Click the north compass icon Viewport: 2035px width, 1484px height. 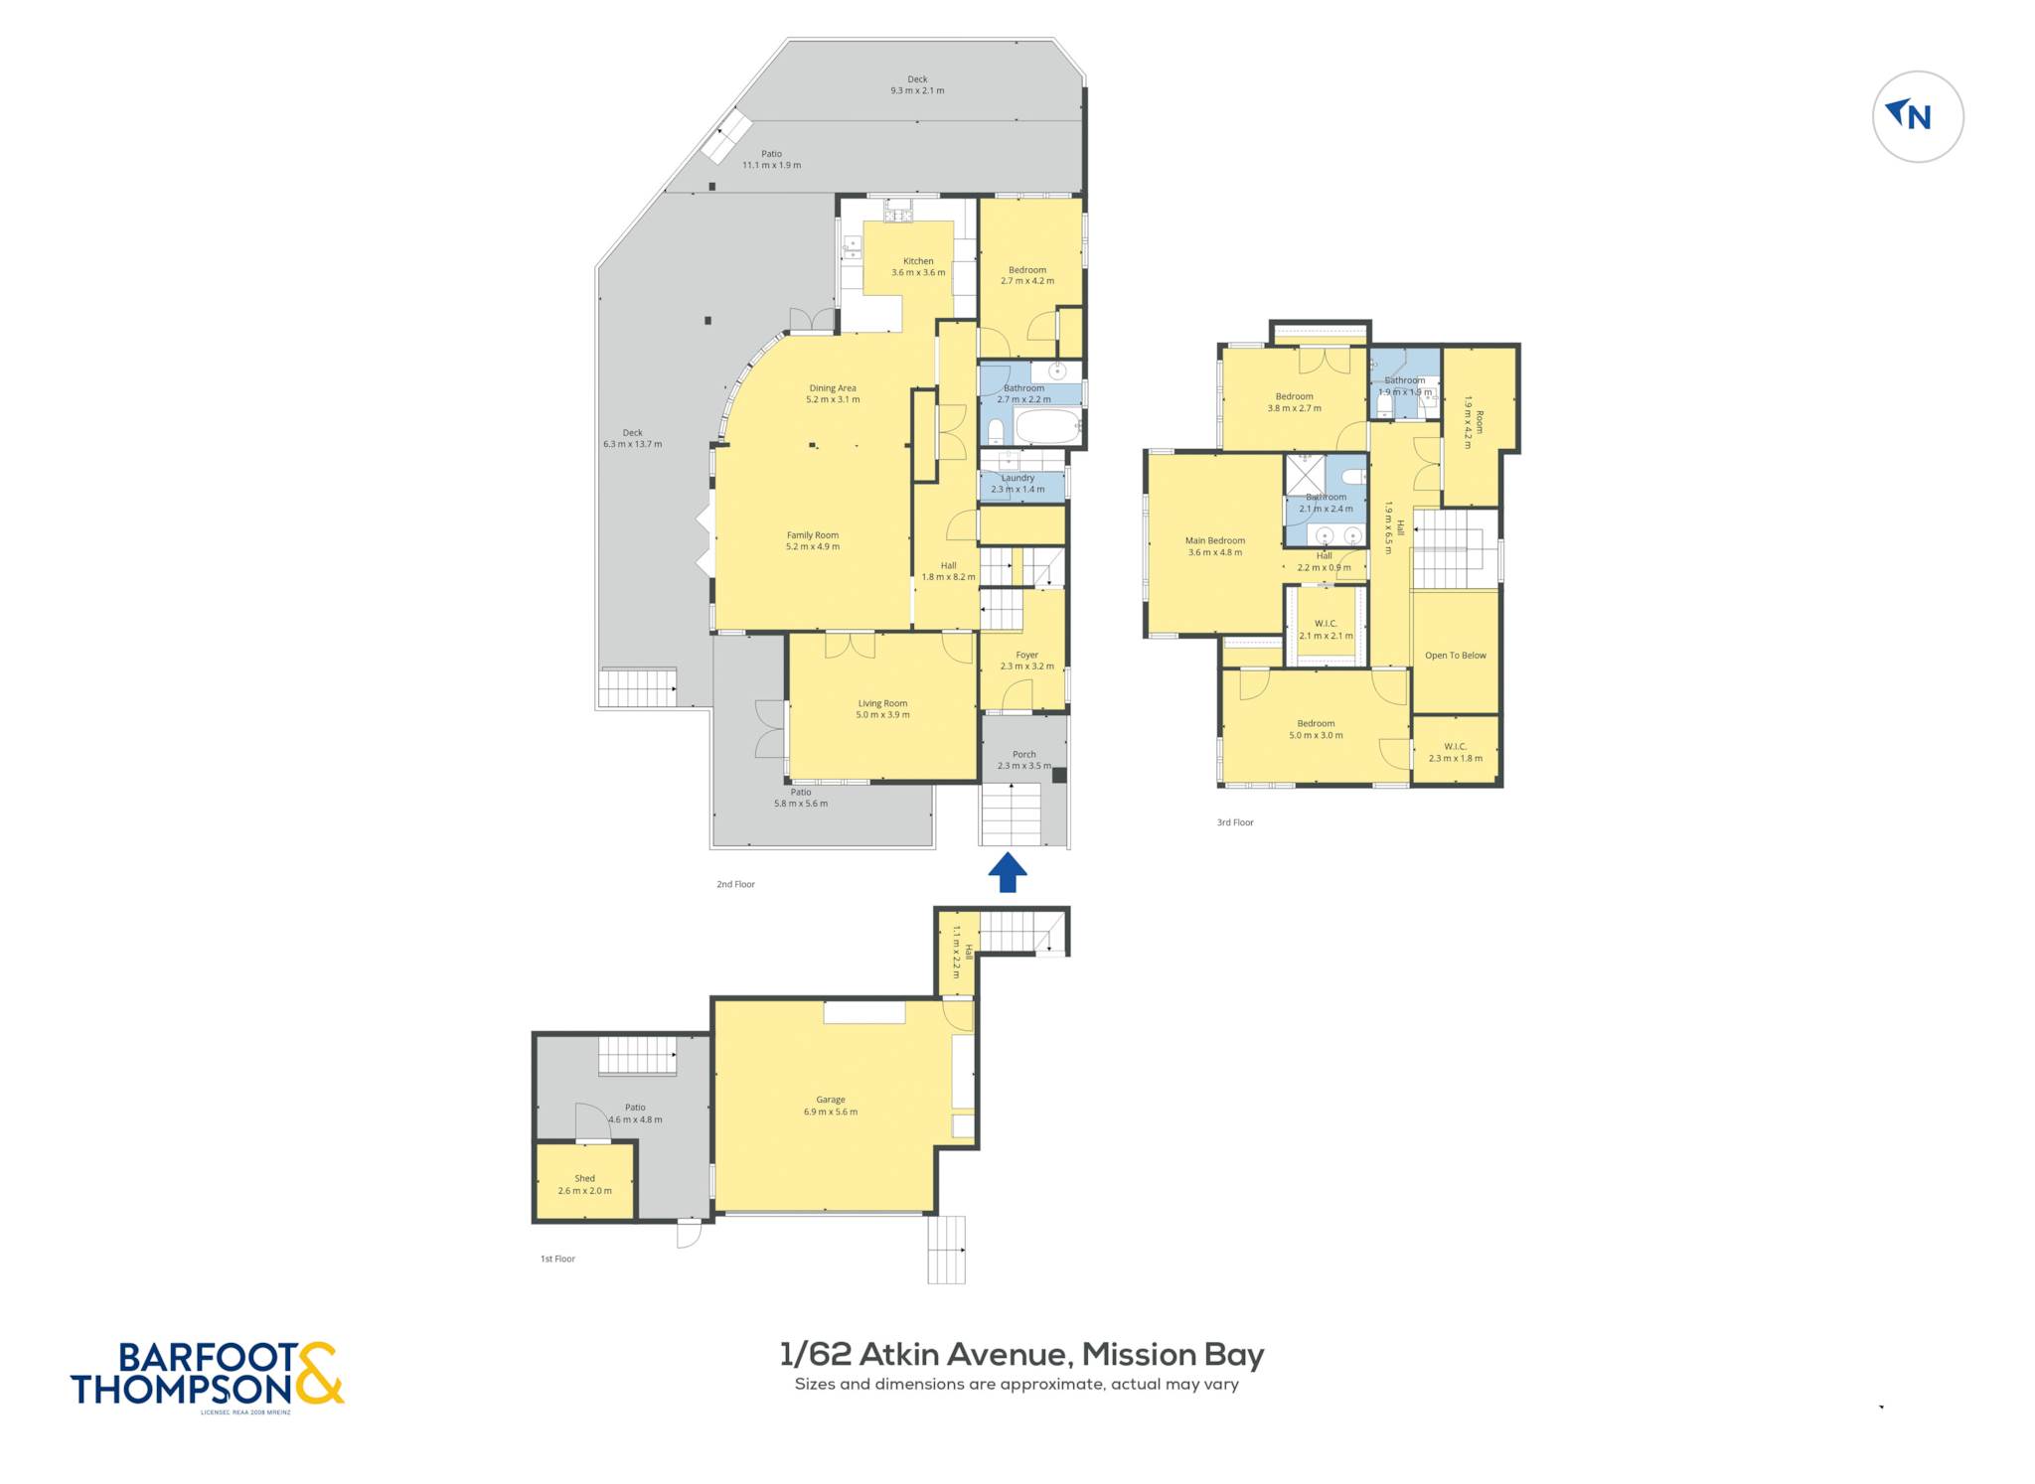coord(1917,116)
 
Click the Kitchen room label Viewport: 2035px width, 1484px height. coord(917,262)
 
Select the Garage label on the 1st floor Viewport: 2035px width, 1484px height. coord(831,1100)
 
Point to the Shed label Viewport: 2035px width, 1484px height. coord(584,1179)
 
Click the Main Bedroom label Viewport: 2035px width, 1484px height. coord(1214,541)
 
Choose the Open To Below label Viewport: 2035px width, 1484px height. coord(1455,656)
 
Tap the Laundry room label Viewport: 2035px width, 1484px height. coord(1017,478)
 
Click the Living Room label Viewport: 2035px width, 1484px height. coord(882,703)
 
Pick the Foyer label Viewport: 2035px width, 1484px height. coord(1026,656)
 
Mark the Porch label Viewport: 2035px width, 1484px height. coord(1023,755)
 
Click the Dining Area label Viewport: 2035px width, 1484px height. coord(833,388)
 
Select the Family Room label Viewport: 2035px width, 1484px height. coord(813,535)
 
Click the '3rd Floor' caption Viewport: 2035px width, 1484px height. coord(1235,822)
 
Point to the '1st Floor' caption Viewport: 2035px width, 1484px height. coord(557,1259)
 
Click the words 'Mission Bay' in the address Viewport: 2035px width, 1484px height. coord(1173,1355)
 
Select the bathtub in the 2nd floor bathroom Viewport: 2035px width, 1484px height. coord(1047,427)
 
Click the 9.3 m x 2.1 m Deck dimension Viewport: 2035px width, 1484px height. coord(917,90)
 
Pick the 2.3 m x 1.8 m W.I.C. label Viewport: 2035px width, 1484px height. coord(1455,758)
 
